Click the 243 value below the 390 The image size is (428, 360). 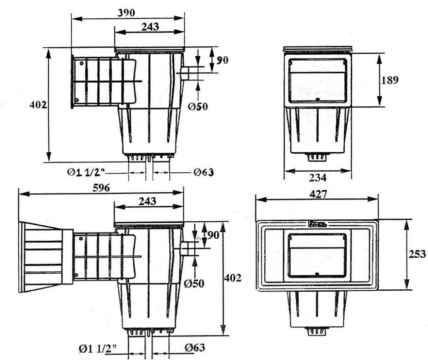tap(149, 26)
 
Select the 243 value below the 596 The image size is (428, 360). tap(147, 201)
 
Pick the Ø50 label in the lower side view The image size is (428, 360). tap(195, 283)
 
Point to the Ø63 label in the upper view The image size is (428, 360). tap(204, 172)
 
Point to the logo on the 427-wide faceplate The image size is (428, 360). tap(317, 224)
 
